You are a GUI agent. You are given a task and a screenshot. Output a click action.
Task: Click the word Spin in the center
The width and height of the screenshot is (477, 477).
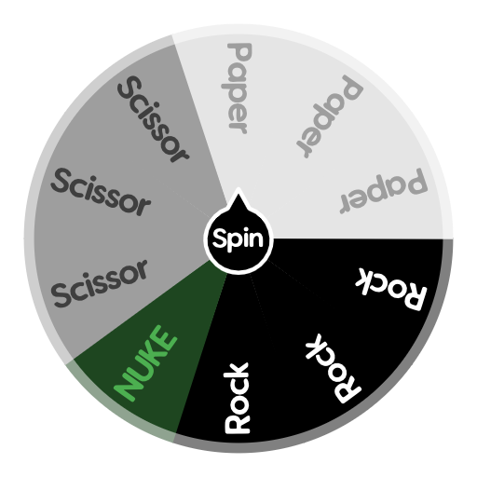click(238, 240)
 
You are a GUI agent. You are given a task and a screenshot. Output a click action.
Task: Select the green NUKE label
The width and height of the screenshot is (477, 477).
click(144, 361)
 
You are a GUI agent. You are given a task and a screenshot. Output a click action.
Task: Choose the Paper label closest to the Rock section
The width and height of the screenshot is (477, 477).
click(384, 191)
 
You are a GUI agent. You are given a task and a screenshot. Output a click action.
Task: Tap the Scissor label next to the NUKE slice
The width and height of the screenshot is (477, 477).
click(101, 283)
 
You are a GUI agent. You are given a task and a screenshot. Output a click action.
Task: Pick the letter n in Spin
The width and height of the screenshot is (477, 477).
click(257, 240)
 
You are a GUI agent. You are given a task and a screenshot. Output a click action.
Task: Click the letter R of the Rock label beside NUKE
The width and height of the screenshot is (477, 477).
click(238, 421)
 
